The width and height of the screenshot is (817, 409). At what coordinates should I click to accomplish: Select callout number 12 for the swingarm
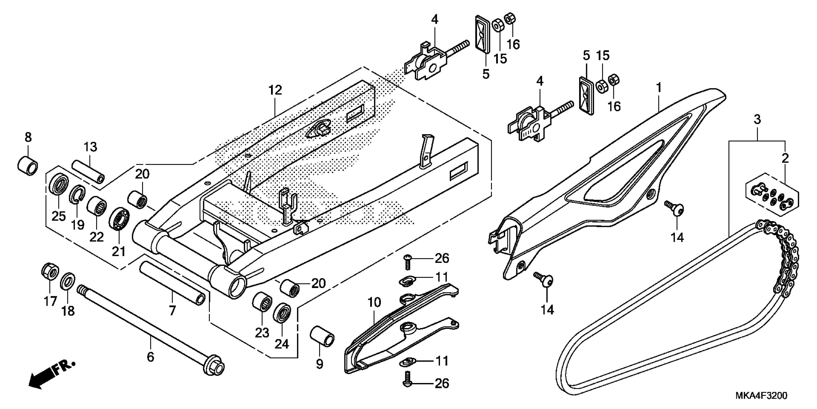275,90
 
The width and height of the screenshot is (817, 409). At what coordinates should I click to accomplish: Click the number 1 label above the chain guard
659,87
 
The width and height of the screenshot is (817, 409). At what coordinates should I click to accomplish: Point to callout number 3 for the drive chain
757,120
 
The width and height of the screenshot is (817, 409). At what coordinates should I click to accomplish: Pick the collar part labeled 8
27,166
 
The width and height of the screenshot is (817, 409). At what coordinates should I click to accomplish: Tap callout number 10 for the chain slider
374,303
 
